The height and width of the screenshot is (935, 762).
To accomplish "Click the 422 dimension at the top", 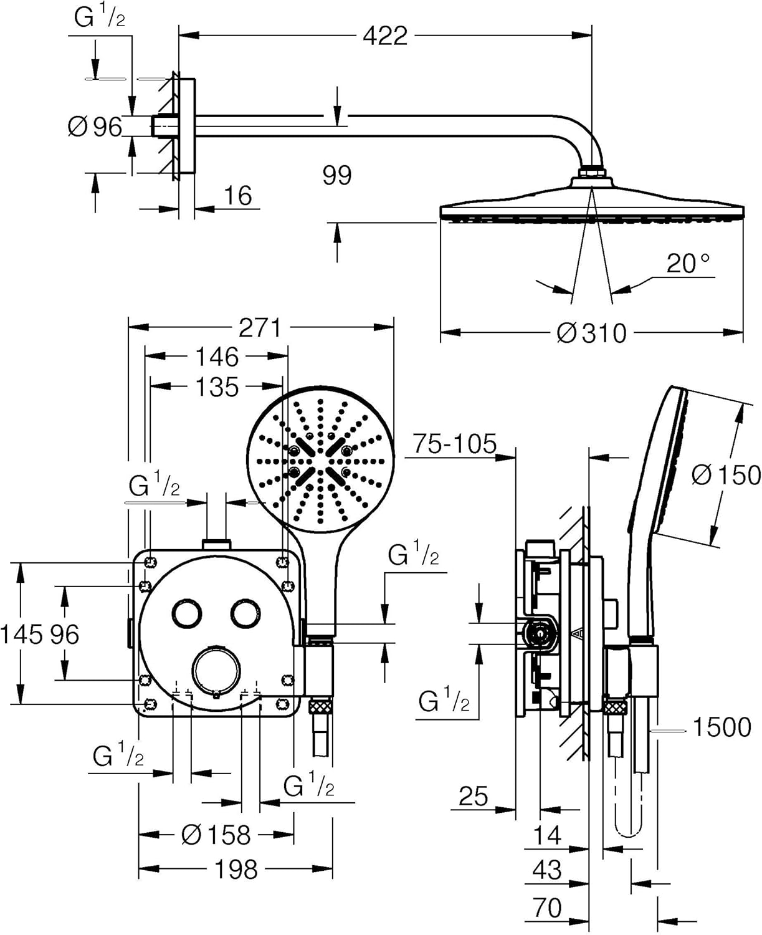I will click(384, 36).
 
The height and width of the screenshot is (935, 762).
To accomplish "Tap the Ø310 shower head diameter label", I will click(591, 333).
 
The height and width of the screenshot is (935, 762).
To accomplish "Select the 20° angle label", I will click(688, 263).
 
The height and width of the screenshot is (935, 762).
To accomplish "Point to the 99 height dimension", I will click(337, 175).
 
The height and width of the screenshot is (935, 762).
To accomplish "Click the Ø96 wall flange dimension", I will click(95, 127).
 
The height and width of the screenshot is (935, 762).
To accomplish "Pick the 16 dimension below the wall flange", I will click(237, 196).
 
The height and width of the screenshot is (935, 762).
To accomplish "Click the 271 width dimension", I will click(260, 328).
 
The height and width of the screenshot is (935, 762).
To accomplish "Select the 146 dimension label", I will click(217, 357).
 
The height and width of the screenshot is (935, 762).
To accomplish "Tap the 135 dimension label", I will click(217, 387).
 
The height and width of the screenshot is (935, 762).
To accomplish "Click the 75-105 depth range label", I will click(455, 444).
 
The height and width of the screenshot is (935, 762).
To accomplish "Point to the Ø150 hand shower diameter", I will click(726, 476).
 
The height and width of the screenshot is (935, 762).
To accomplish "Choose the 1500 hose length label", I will click(722, 727).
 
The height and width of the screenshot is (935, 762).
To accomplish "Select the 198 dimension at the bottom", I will click(236, 869).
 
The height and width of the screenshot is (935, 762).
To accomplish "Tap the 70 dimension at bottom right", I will click(547, 908).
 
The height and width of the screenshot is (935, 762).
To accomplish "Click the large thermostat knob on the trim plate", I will click(216, 670).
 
